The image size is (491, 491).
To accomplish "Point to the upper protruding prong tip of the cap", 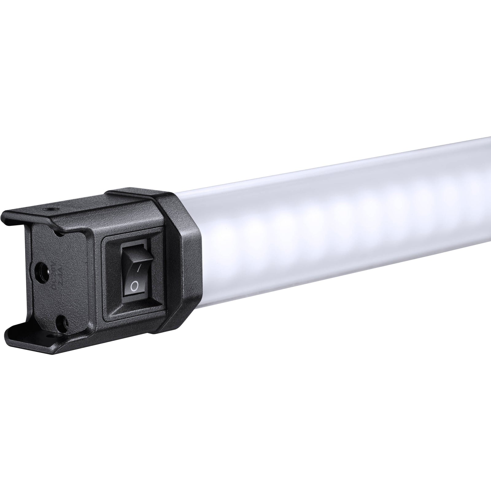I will pyautogui.click(x=9, y=215).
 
